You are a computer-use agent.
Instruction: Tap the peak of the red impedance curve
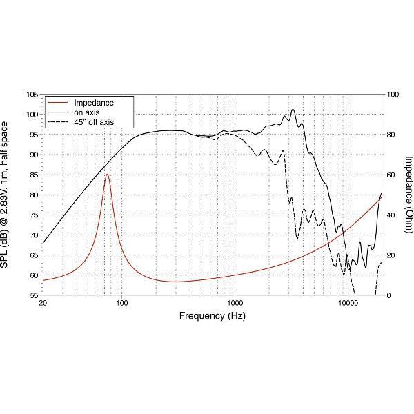(107, 175)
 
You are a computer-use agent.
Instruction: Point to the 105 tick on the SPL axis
(31, 94)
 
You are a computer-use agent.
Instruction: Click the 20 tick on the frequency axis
(43, 304)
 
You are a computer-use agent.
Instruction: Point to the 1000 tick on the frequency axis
(235, 304)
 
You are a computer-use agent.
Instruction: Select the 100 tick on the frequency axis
(122, 304)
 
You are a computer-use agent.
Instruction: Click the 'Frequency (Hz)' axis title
(213, 316)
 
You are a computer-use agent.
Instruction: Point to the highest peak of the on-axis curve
(293, 109)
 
